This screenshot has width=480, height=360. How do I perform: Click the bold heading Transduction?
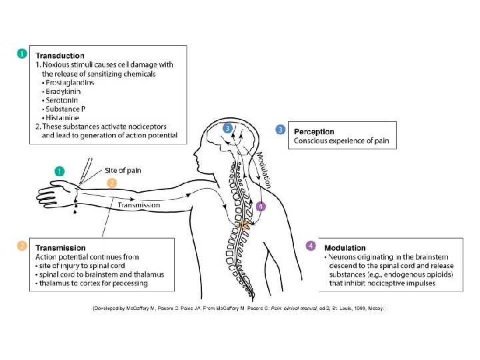60,56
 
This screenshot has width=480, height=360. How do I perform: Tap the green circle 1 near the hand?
59,171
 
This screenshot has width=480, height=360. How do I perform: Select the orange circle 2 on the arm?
112,182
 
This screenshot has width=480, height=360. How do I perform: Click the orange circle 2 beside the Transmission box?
22,246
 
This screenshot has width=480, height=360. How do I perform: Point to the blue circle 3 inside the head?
228,128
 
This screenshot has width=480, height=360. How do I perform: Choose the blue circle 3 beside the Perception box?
281,129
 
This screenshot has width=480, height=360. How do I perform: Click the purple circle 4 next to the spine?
261,207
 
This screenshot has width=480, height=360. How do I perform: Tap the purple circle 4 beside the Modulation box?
311,246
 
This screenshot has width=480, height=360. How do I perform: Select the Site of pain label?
123,171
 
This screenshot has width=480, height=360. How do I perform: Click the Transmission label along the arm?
139,205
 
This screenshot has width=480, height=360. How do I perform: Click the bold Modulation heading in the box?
345,248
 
